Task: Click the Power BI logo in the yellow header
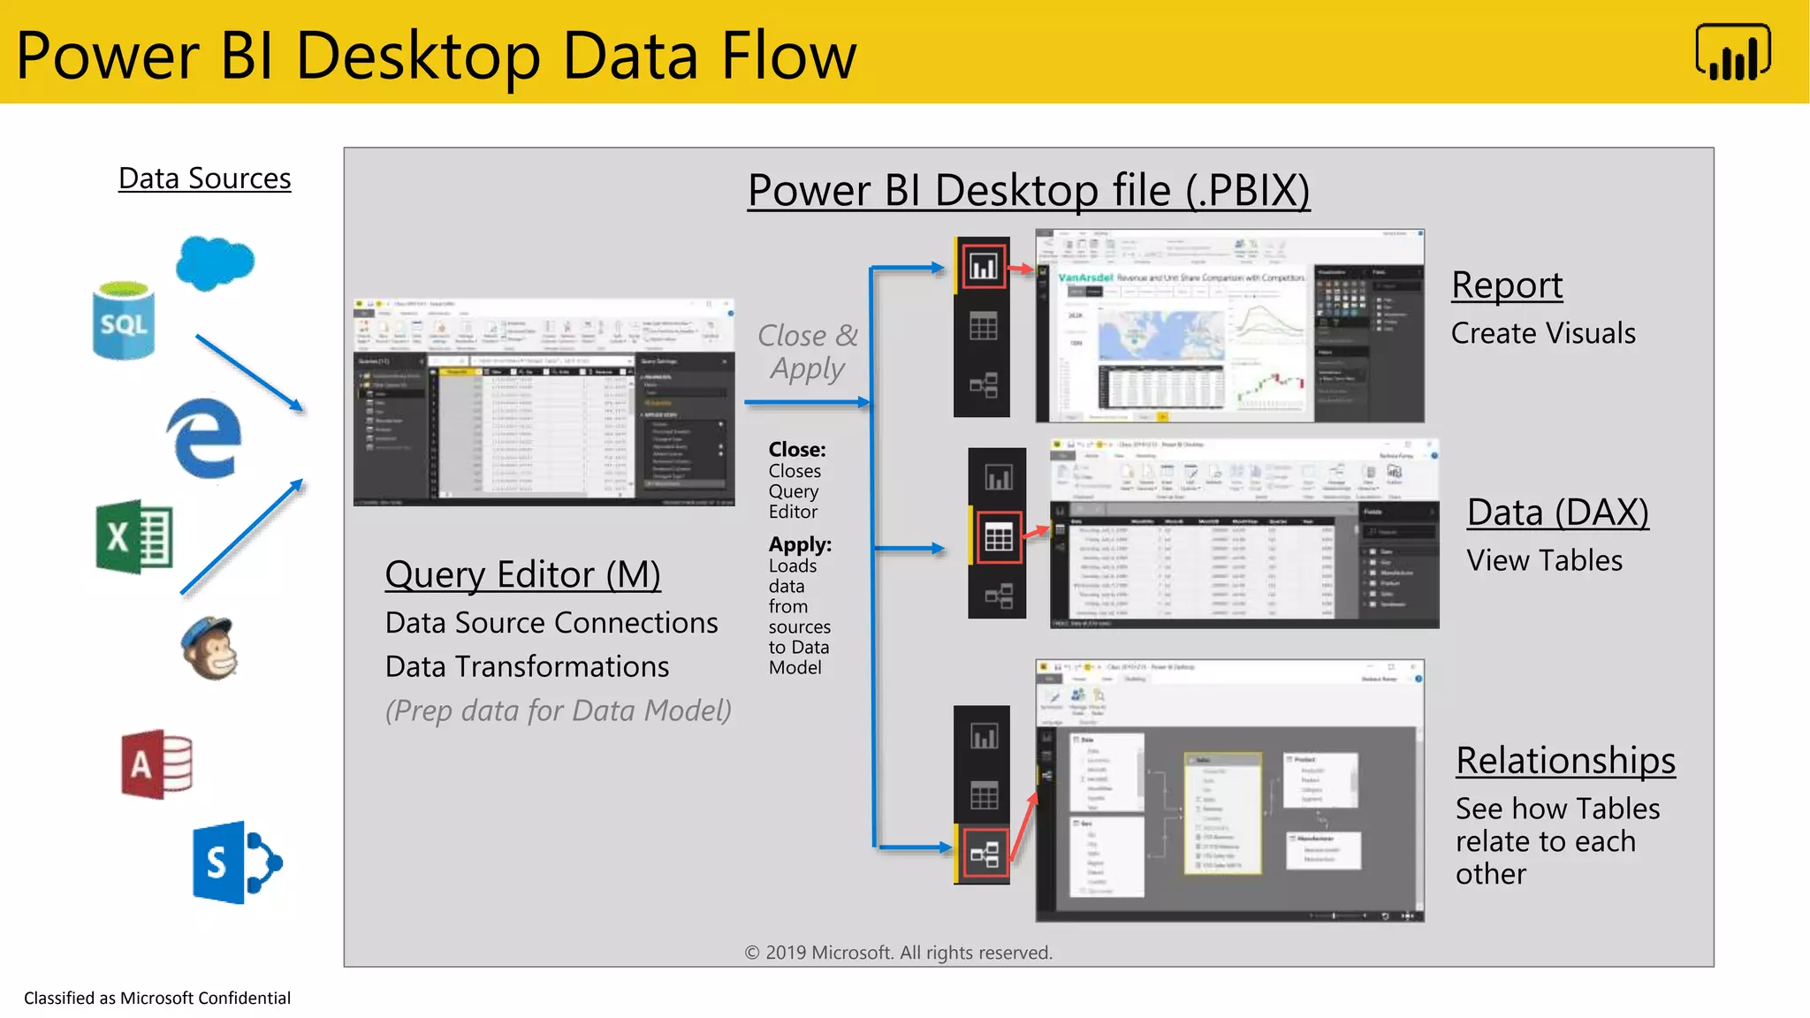(1732, 53)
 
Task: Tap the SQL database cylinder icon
(123, 321)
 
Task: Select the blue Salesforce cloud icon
(215, 262)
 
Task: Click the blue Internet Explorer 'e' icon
(204, 438)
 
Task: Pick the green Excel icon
(134, 536)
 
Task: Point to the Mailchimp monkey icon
(209, 648)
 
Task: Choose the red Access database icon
(156, 764)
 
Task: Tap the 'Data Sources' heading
(204, 179)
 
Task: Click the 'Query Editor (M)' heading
(522, 575)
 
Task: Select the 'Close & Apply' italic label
(807, 351)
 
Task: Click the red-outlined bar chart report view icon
(983, 266)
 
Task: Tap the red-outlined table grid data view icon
(998, 536)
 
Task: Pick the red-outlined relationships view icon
(984, 854)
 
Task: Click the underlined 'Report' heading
(1507, 285)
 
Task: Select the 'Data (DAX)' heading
(1557, 513)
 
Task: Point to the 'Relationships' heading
(1565, 761)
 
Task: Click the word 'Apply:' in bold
(800, 544)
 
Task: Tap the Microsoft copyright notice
(898, 953)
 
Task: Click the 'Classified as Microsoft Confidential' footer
(157, 998)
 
